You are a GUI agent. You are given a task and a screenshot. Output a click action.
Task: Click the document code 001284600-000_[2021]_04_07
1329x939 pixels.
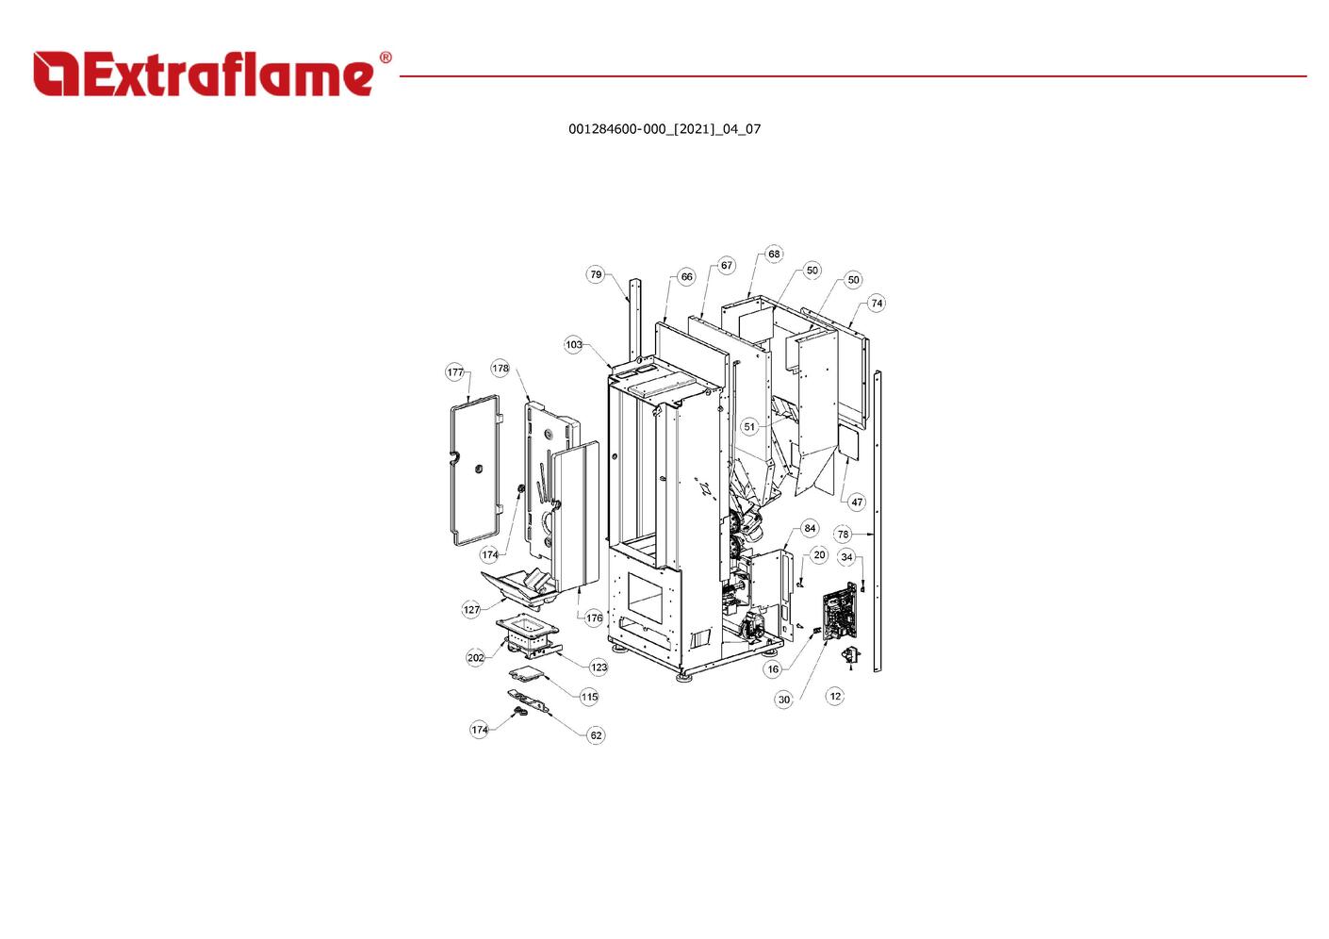[664, 128]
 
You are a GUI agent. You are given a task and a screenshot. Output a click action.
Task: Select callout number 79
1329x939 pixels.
[596, 274]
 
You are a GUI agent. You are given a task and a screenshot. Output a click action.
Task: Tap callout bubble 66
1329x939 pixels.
[686, 276]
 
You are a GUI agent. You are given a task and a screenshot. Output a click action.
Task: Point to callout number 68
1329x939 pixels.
[774, 254]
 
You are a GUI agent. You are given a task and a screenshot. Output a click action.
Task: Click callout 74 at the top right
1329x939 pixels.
[877, 303]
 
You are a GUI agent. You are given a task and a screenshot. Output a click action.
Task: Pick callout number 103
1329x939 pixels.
[574, 344]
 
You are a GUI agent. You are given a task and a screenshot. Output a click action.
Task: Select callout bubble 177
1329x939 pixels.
[455, 371]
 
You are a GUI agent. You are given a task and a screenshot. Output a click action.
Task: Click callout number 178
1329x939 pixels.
[500, 368]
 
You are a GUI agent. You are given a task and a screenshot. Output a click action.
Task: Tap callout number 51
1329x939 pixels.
[749, 426]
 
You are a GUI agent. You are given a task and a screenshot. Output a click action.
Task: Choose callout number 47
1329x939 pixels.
[857, 502]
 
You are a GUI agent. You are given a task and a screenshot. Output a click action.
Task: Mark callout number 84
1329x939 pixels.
[810, 528]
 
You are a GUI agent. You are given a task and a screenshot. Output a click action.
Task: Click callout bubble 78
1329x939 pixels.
[843, 534]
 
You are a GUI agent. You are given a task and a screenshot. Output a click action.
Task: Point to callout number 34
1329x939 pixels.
[846, 556]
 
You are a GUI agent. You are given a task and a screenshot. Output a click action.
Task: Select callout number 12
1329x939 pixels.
[835, 696]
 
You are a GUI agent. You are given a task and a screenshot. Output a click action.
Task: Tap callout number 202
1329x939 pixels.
[476, 657]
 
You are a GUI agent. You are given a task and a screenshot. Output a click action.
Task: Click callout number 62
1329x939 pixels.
[596, 734]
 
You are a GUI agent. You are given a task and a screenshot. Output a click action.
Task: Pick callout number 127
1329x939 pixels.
[471, 609]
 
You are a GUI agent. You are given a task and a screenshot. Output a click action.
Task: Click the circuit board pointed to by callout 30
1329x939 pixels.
[840, 614]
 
